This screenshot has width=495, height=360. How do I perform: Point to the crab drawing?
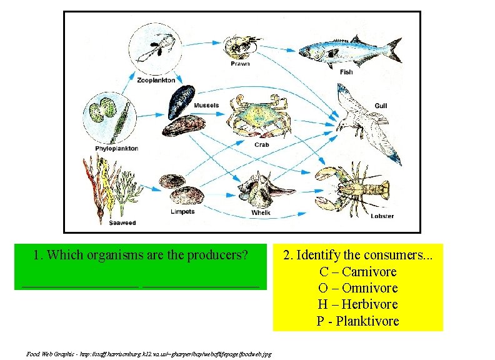pyautogui.click(x=259, y=117)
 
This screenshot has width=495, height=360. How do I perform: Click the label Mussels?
pyautogui.click(x=206, y=106)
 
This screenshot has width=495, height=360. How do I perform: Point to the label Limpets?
pyautogui.click(x=182, y=212)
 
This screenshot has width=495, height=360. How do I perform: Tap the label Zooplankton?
pyautogui.click(x=156, y=80)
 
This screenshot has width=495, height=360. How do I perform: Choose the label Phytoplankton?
pyautogui.click(x=116, y=149)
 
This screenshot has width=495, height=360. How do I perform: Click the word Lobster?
pyautogui.click(x=382, y=216)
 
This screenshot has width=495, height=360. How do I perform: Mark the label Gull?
pyautogui.click(x=381, y=106)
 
